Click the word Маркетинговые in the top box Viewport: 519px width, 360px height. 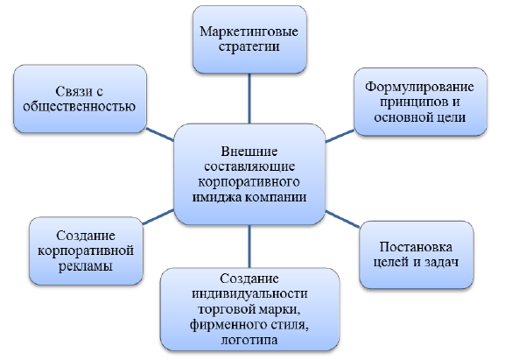249,32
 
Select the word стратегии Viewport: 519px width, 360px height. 249,46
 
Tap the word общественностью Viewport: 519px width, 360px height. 80,107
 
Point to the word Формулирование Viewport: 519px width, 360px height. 420,87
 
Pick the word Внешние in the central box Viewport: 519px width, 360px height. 249,152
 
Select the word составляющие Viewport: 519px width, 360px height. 249,166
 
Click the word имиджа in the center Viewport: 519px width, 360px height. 217,197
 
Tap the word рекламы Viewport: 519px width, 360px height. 86,266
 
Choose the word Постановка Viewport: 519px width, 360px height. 416,247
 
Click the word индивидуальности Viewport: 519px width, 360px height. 249,294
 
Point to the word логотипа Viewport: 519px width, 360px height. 249,341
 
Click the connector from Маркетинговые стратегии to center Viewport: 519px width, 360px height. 249,99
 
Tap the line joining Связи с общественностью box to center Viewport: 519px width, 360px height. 160,135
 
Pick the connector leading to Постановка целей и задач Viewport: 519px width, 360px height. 342,219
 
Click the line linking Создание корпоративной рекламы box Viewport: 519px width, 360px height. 158,217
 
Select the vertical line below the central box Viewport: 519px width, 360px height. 249,246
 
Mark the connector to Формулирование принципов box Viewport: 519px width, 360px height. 340,136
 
